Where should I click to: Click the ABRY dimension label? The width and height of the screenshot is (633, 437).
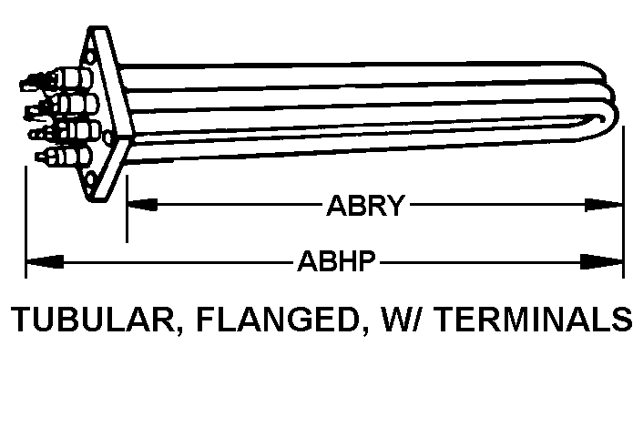coord(364,207)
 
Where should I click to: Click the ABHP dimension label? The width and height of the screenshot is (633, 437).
coord(337,264)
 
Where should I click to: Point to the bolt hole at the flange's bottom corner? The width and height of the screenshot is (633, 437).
coord(90,176)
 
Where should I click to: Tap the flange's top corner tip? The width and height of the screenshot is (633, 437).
coord(94,30)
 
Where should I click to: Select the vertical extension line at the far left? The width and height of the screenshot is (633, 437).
coord(25,218)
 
